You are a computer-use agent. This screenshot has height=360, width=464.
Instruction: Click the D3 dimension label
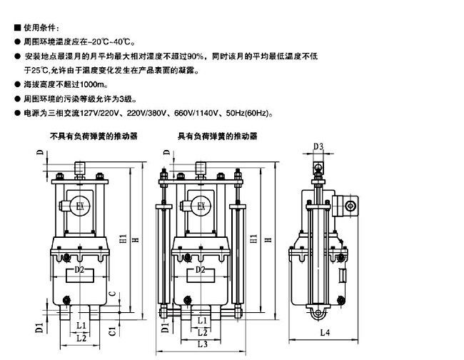pyautogui.click(x=319, y=147)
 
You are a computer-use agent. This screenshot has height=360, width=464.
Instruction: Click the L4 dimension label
pyautogui.click(x=325, y=332)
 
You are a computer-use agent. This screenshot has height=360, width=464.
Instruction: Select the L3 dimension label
pyautogui.click(x=202, y=344)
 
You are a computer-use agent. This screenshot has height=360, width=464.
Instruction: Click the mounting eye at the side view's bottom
pyautogui.click(x=316, y=314)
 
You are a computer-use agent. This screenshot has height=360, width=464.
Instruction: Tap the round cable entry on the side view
pyautogui.click(x=350, y=206)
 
